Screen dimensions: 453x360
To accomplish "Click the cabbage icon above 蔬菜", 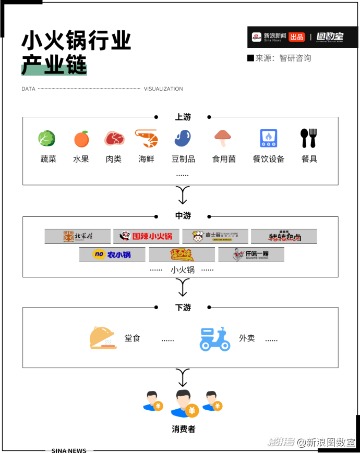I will point(46,139).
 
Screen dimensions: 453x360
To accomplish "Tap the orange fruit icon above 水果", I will point(81,139).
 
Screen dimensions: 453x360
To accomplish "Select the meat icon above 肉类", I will point(114,139).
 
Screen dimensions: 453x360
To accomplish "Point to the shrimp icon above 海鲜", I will point(147,138).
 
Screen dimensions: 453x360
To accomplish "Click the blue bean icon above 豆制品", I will point(182,139).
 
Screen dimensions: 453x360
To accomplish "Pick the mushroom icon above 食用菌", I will point(223,138).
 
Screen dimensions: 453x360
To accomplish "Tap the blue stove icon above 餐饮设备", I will point(269,139).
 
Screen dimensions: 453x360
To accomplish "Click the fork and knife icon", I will point(308,138).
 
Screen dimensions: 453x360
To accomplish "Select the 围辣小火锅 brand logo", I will point(146,237).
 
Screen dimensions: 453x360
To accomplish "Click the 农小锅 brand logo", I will point(112,254).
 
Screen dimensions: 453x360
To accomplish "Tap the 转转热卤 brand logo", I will point(284,237).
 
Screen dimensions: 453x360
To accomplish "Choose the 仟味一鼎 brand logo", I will point(251,254).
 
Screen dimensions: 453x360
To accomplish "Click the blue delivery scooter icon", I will point(215,339).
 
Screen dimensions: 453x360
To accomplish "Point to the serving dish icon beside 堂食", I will point(103,338).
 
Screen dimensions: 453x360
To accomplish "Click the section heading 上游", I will point(183,117).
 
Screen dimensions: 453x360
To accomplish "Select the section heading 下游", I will point(183,308).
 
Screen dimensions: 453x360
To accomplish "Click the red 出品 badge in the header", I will point(296,37).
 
